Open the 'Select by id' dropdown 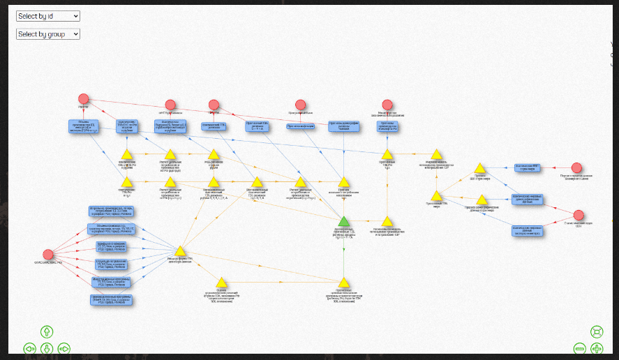[x=48, y=16]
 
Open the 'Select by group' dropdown [x=48, y=33]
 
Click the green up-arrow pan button [x=47, y=331]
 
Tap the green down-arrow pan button [x=47, y=348]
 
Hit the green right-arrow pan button [x=64, y=348]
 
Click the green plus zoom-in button [x=597, y=348]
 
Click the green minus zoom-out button [x=579, y=348]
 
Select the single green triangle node [x=343, y=222]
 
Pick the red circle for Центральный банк [x=300, y=105]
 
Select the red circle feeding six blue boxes [x=48, y=255]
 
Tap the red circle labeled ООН [x=579, y=215]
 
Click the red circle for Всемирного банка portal [x=576, y=167]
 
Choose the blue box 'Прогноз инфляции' [x=301, y=126]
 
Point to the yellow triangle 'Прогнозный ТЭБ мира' [x=435, y=197]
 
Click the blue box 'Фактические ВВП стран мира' [x=534, y=167]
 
